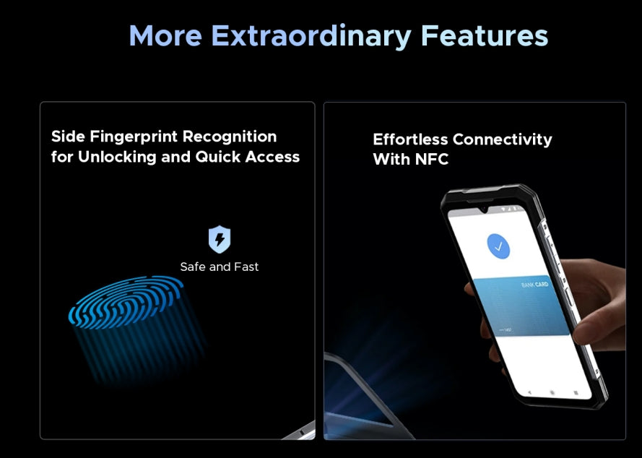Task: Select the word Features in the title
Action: click(485, 36)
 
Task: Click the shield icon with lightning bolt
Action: click(220, 239)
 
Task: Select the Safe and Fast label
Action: click(220, 267)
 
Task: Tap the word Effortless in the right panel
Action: click(409, 139)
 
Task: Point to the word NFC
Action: click(432, 160)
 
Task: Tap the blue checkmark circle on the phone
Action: click(498, 247)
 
